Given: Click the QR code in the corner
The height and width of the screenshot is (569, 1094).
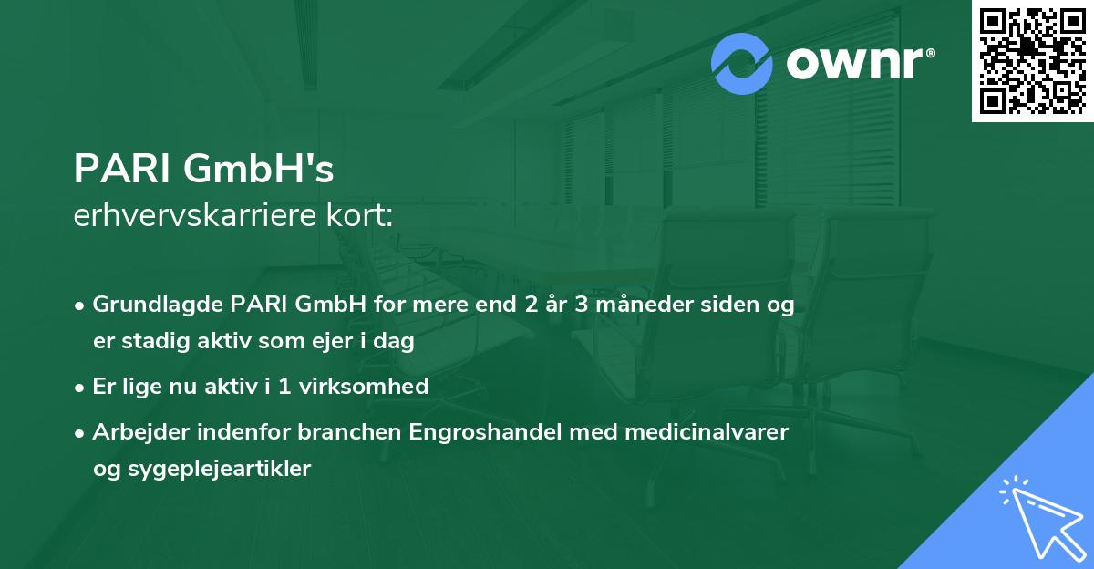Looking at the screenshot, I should click(x=1032, y=61).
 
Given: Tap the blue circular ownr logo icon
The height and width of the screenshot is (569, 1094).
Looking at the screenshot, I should click(x=742, y=63).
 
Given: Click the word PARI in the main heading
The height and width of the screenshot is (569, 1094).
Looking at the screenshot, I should click(x=123, y=169).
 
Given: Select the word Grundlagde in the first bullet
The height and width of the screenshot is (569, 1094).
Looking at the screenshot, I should click(x=148, y=305).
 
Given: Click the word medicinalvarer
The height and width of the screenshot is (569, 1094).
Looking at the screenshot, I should click(x=697, y=432).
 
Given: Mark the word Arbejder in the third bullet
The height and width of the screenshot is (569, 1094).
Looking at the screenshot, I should click(x=133, y=432).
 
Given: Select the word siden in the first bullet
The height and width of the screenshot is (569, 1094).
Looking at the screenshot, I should click(x=728, y=305).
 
